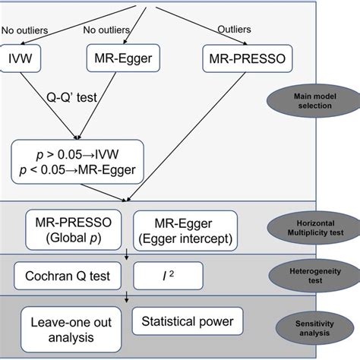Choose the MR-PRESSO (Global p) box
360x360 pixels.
[71, 229]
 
